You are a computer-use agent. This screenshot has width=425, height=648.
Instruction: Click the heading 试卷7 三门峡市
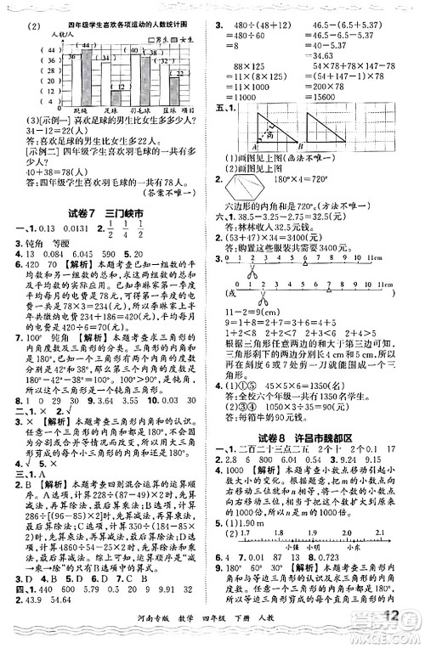tap(103, 211)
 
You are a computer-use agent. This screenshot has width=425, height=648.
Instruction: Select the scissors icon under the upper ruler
tap(252, 290)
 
